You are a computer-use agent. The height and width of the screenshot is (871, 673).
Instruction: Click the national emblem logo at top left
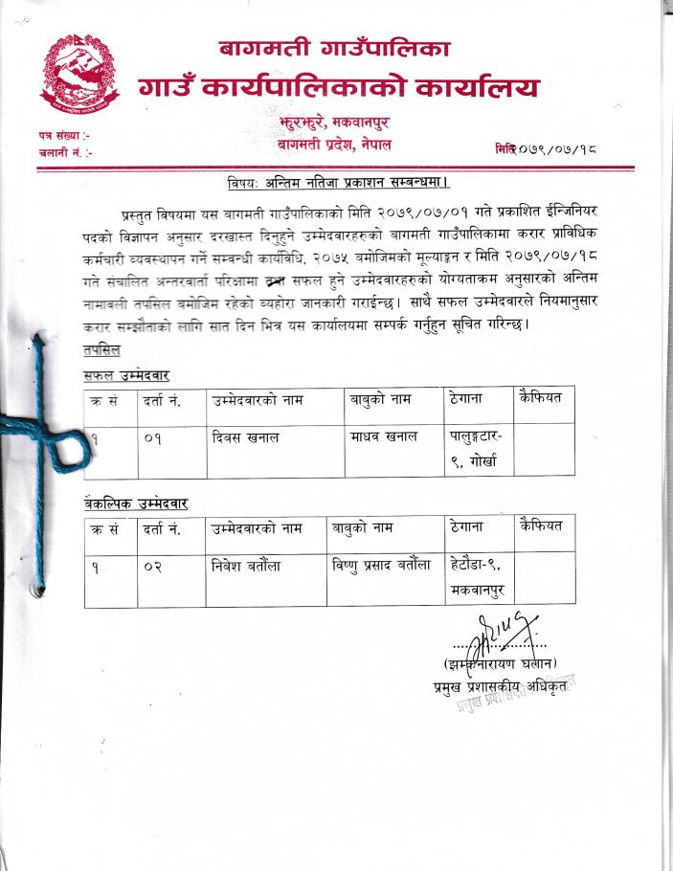pos(76,73)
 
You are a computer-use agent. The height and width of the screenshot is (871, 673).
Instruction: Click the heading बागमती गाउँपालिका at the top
pos(334,46)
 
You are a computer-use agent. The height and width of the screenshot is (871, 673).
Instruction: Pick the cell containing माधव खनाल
pos(383,436)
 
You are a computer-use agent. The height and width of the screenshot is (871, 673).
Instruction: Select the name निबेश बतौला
pos(247,565)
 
